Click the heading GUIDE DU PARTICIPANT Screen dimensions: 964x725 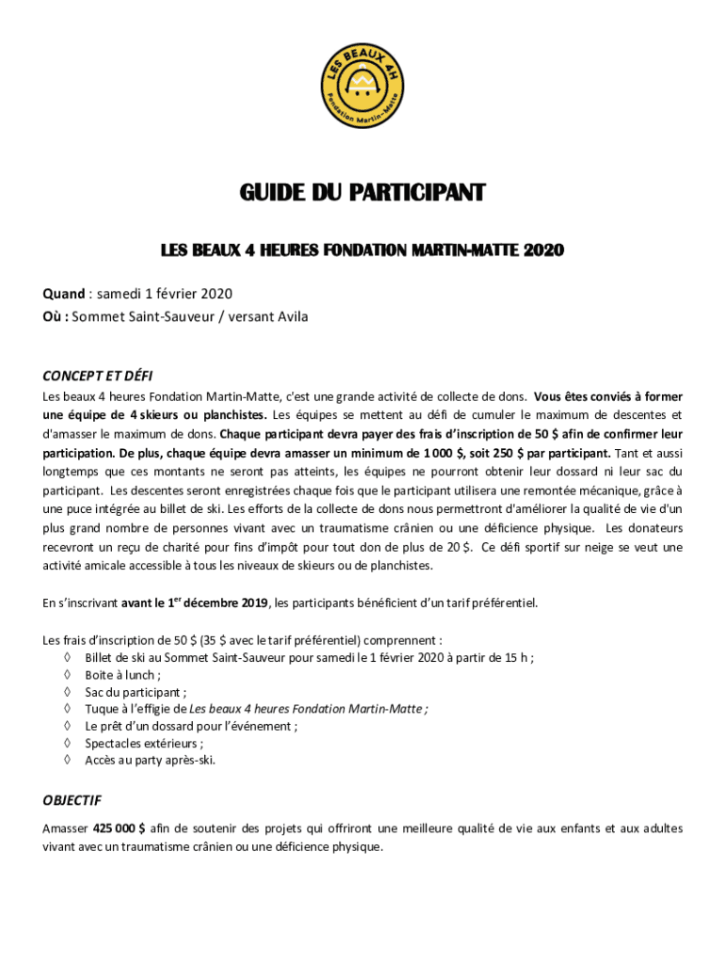click(x=362, y=194)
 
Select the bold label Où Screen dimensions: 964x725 click(x=54, y=316)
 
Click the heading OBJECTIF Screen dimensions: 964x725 click(x=72, y=801)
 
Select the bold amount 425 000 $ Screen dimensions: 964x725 click(x=119, y=828)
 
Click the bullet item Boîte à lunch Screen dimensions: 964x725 click(x=122, y=674)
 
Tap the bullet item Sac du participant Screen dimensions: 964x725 click(x=136, y=691)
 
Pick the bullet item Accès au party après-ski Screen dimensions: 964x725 click(x=150, y=760)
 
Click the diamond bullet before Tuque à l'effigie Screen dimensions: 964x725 click(x=67, y=708)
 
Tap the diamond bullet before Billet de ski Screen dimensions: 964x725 click(x=67, y=657)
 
